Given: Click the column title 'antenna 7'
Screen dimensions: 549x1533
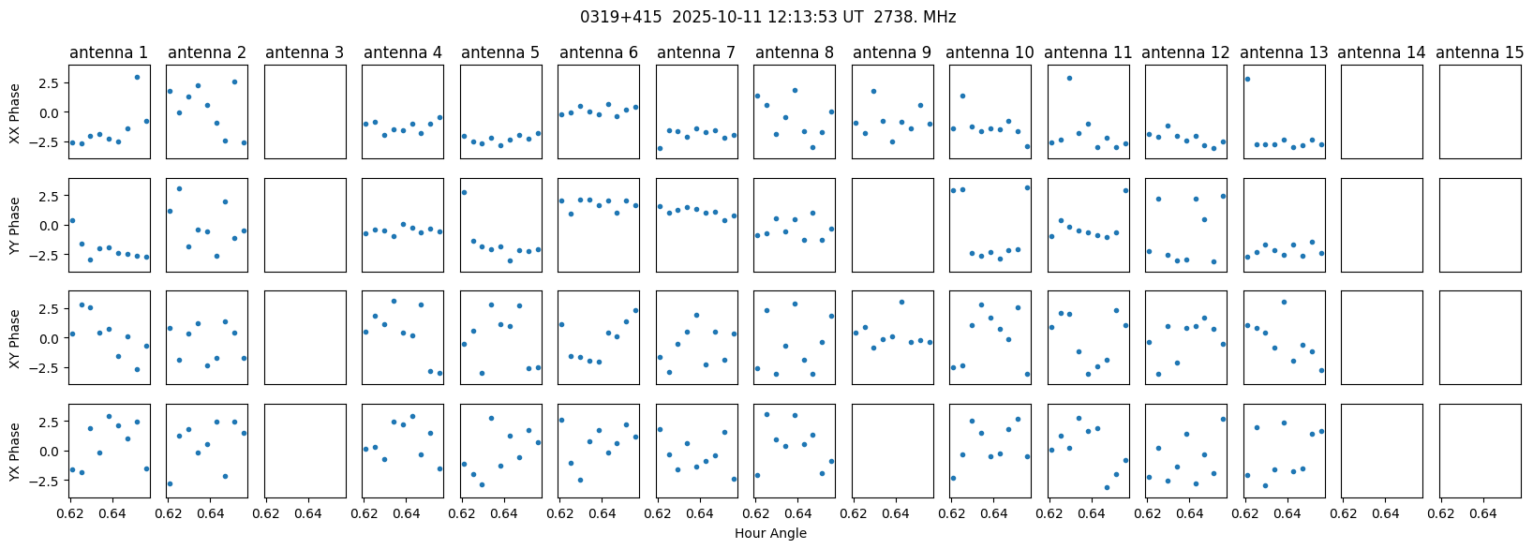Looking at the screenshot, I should click(696, 52).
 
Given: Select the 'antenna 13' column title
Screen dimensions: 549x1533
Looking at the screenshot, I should click(1284, 52).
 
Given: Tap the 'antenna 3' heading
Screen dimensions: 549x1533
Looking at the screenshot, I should click(305, 52).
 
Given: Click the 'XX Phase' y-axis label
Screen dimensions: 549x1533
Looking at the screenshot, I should click(15, 112).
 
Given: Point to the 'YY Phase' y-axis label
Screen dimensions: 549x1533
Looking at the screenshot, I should click(15, 226).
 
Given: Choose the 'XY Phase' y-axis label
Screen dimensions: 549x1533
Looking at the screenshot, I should click(15, 338).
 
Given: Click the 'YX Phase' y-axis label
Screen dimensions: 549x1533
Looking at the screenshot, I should click(15, 452).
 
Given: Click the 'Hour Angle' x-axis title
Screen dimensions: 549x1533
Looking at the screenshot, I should click(770, 534).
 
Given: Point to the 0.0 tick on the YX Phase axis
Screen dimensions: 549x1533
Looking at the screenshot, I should click(50, 452).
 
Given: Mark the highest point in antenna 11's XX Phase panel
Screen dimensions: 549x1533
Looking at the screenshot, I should click(1069, 78).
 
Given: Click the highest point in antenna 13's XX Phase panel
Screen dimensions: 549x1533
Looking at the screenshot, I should click(1247, 79).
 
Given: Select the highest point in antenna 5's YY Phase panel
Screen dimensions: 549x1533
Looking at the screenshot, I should click(464, 192).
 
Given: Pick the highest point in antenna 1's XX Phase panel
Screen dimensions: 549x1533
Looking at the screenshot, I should click(137, 77).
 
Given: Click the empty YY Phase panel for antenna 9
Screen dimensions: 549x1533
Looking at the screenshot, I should click(892, 225).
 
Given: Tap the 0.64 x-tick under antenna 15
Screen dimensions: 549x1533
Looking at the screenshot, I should click(1482, 513).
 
